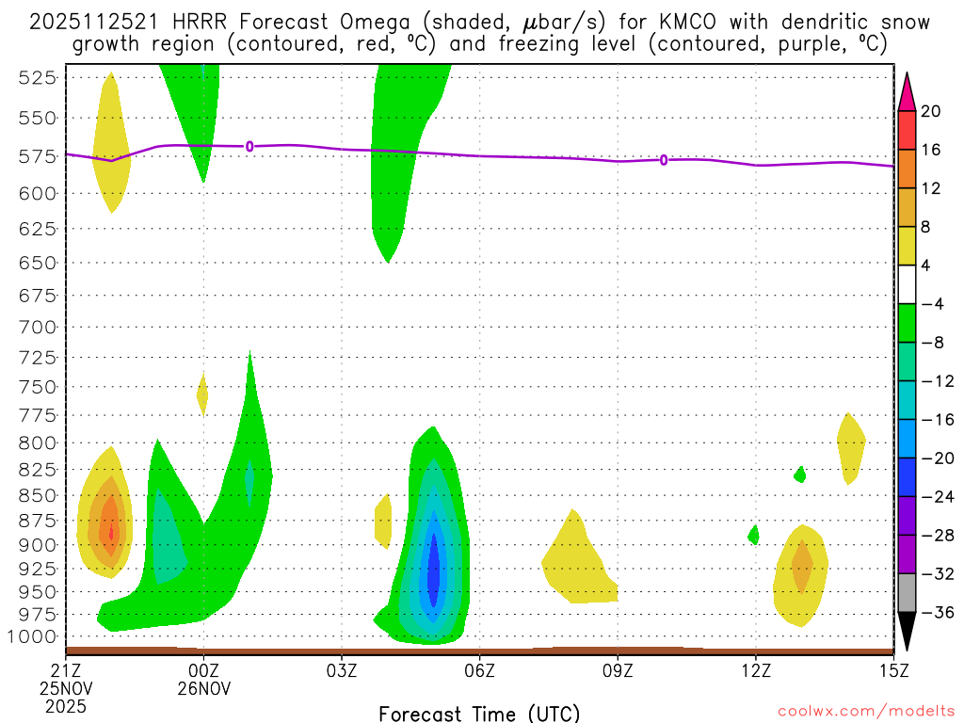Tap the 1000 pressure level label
pos(37,636)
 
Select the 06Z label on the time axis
pos(480,670)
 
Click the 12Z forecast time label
pos(755,670)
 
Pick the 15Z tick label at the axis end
pos(892,670)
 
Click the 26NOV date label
pos(204,688)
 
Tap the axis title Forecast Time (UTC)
pos(479,713)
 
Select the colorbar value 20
pos(931,112)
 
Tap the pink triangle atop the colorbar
pos(908,90)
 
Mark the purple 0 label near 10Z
pos(664,160)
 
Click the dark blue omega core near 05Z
pos(433,570)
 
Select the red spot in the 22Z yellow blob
pos(111,533)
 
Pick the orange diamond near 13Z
pos(801,565)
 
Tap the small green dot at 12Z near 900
pos(753,535)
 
